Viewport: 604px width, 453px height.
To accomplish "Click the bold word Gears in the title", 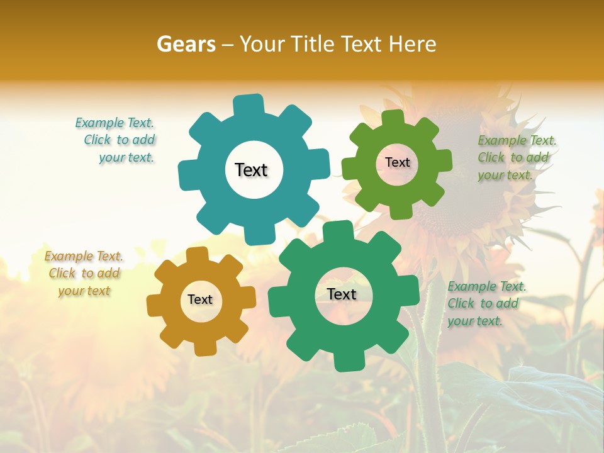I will [186, 44].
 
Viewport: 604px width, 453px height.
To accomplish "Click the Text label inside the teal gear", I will [251, 170].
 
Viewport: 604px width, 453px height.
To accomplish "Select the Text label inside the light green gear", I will [397, 162].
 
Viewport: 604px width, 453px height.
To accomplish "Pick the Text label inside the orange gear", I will [200, 299].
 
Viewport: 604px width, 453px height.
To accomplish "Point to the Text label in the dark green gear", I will [342, 294].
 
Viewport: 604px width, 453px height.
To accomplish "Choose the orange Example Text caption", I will [84, 273].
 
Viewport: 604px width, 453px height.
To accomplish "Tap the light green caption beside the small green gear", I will [516, 158].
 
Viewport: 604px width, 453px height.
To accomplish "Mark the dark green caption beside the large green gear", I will [486, 304].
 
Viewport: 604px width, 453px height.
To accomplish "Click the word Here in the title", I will [412, 44].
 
